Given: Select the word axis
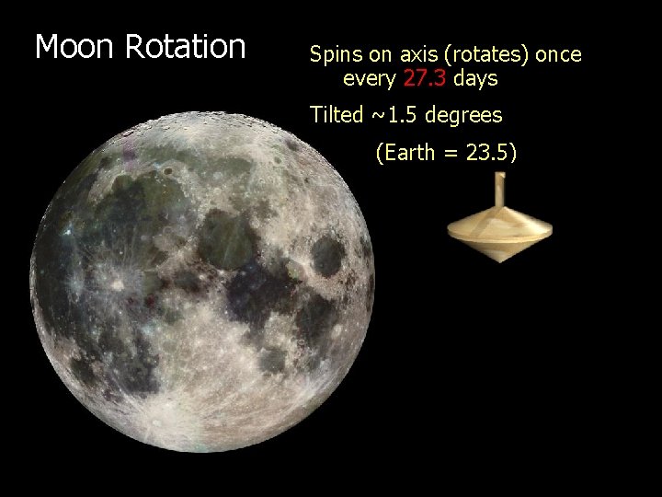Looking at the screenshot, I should click(x=416, y=54).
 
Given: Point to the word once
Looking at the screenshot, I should click(x=558, y=54).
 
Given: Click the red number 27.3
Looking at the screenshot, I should click(x=424, y=79).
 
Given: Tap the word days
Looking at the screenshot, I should click(x=475, y=79).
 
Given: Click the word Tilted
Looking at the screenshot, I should click(x=337, y=115).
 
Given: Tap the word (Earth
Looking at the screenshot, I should click(x=405, y=153).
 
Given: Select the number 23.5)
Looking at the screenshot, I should click(x=491, y=153).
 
